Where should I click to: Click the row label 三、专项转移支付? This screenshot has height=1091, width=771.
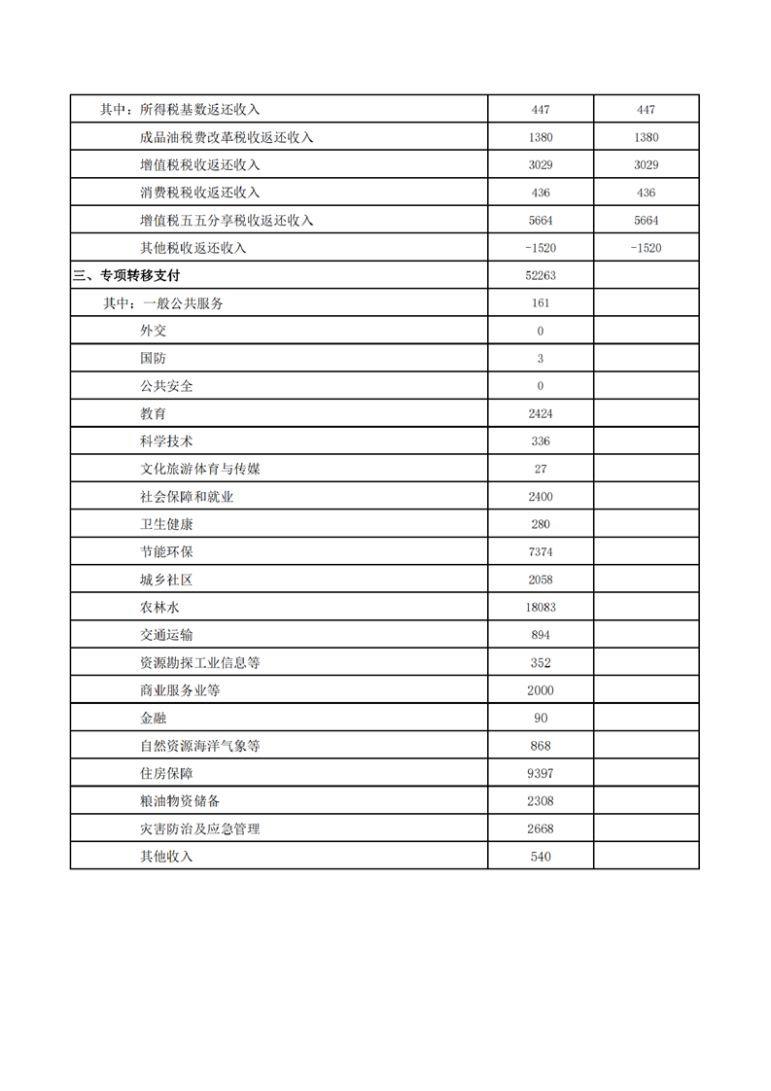pos(126,276)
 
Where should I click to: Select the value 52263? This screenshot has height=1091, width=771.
pos(541,276)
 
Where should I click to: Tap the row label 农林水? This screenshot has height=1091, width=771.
pos(159,608)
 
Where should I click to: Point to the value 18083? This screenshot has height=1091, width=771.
pos(541,608)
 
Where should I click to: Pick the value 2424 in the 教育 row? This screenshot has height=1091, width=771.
pos(541,414)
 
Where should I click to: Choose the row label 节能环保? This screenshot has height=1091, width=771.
pos(166,552)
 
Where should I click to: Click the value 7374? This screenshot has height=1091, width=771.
pos(541,552)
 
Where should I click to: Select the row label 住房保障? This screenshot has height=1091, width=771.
pos(166,774)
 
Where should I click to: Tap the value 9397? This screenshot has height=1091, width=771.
pos(541,774)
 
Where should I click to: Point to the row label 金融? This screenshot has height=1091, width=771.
pos(153,719)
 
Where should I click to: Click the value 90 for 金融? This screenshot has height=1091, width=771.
pos(541,719)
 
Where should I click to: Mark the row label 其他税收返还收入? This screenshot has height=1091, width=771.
pos(193,248)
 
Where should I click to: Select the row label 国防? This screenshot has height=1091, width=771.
pos(153,359)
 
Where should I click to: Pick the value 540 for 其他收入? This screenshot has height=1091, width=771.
pos(541,857)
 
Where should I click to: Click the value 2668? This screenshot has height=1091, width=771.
pos(541,829)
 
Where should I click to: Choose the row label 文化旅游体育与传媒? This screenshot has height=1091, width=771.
pos(199,470)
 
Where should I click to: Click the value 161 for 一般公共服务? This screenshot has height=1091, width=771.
pos(541,303)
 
